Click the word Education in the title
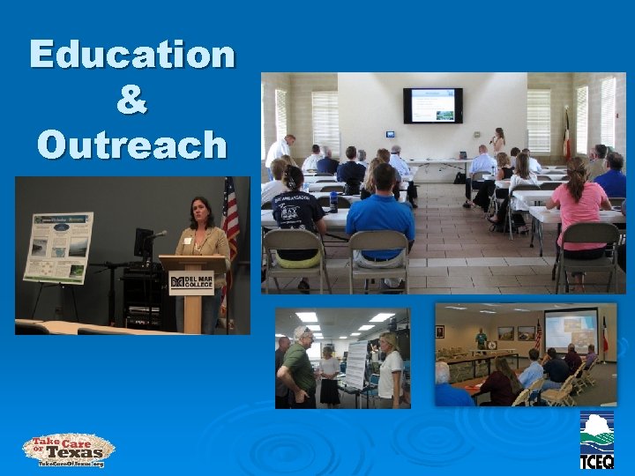[x=132, y=55]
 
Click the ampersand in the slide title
[x=131, y=99]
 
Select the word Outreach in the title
[x=132, y=143]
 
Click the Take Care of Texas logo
[x=69, y=450]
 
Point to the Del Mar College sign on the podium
[x=191, y=282]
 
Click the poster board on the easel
[x=58, y=248]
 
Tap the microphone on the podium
[x=157, y=234]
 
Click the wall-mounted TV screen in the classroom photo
[x=432, y=105]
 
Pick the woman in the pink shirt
[x=579, y=207]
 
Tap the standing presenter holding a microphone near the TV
[x=498, y=141]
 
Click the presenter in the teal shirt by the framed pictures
[x=481, y=338]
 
